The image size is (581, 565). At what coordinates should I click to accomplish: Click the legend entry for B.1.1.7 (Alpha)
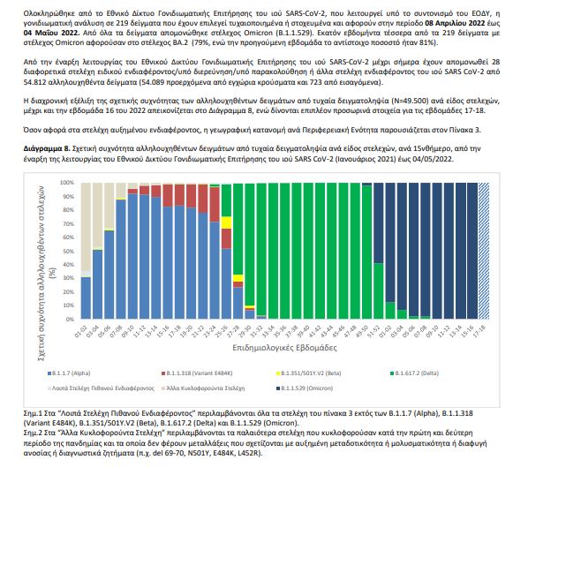(x=72, y=375)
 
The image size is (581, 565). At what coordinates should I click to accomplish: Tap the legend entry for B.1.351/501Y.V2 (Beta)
(x=299, y=375)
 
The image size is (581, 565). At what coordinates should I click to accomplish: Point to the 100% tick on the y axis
(x=67, y=183)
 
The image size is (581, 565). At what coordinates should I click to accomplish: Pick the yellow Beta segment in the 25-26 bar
(x=226, y=222)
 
